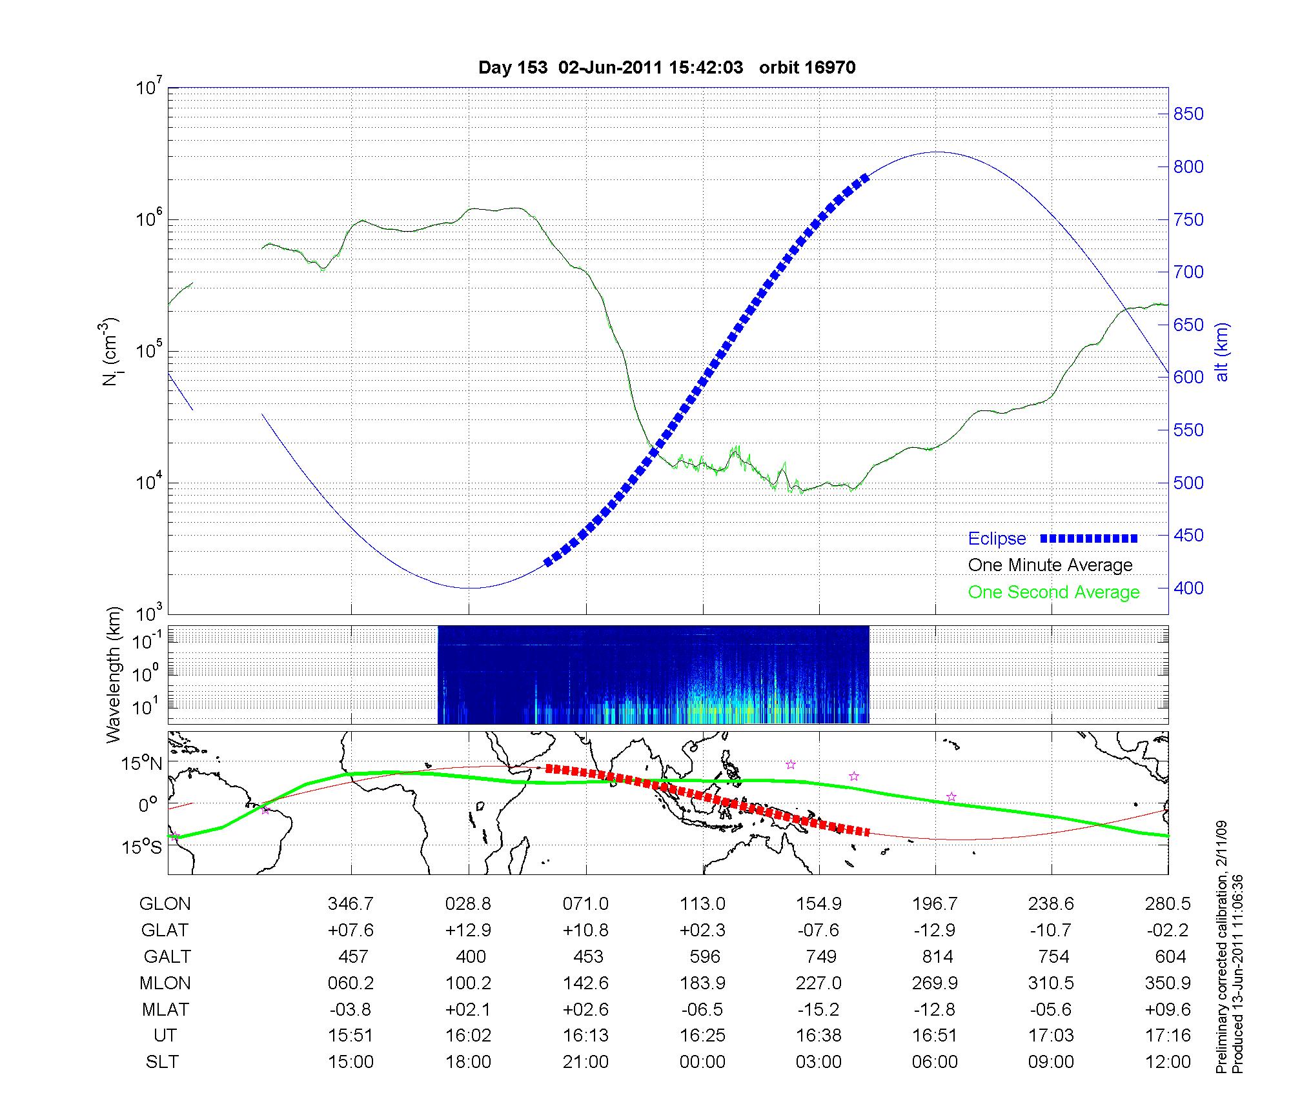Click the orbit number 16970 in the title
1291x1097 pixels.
pyautogui.click(x=807, y=68)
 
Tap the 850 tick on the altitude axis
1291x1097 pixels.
pyautogui.click(x=1188, y=114)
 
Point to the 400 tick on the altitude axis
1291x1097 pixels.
pyautogui.click(x=1188, y=588)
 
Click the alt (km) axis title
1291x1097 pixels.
pyautogui.click(x=1223, y=352)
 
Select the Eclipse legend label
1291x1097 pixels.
pyautogui.click(x=997, y=539)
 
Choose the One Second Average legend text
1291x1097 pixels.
pyautogui.click(x=1053, y=592)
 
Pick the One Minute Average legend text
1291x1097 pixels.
pyautogui.click(x=1050, y=565)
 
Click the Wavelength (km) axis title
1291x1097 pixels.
pyautogui.click(x=114, y=675)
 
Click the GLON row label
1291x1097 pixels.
pyautogui.click(x=165, y=903)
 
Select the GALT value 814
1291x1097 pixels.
pyautogui.click(x=937, y=956)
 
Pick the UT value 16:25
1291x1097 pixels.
pyautogui.click(x=703, y=1036)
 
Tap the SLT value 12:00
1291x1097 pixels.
pyautogui.click(x=1168, y=1062)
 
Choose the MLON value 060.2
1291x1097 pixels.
pyautogui.click(x=351, y=983)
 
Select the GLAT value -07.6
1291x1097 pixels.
pyautogui.click(x=818, y=930)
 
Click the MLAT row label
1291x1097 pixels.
pyautogui.click(x=165, y=1009)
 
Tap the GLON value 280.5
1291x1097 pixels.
pyautogui.click(x=1168, y=903)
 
